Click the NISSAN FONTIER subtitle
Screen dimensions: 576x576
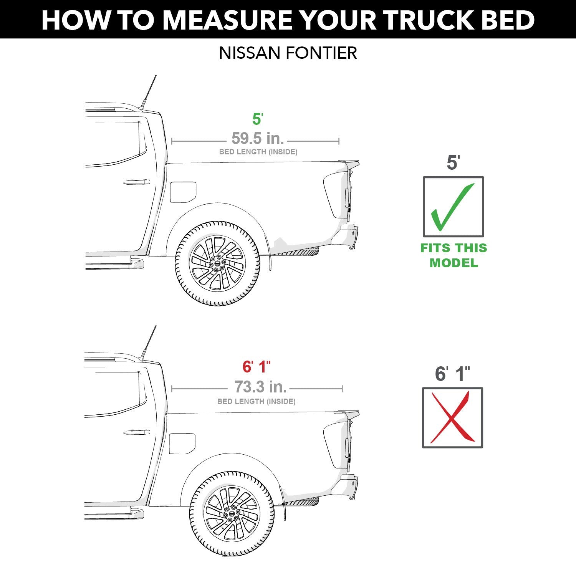[x=288, y=53]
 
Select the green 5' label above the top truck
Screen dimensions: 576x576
[x=257, y=119]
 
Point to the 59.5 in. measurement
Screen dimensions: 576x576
[x=258, y=138]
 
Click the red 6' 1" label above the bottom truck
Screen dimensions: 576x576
[x=257, y=367]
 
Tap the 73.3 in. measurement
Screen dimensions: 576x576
[x=261, y=387]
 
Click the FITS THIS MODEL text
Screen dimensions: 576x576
[x=454, y=255]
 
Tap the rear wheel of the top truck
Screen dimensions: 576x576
[x=217, y=263]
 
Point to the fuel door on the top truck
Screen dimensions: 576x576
[x=183, y=192]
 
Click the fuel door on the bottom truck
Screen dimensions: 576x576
[x=182, y=444]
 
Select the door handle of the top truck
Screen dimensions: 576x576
[x=137, y=182]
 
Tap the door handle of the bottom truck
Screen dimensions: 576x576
[x=137, y=432]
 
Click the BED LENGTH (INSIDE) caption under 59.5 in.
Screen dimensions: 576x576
[x=258, y=152]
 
